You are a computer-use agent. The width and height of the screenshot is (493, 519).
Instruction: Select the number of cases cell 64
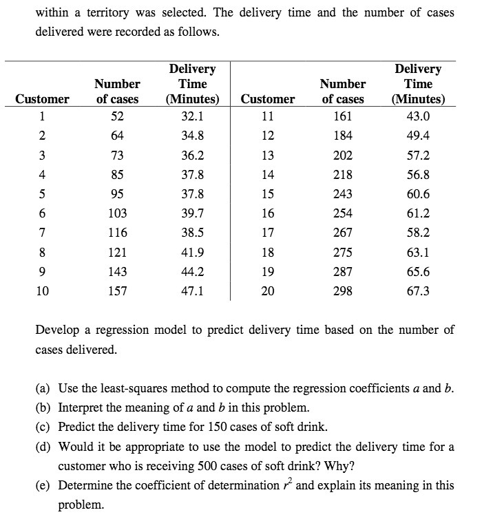(117, 136)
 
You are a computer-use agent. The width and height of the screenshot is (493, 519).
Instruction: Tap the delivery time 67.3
(417, 291)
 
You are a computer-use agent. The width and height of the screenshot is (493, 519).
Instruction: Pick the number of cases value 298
(342, 291)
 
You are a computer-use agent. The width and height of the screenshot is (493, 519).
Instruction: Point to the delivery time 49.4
(417, 136)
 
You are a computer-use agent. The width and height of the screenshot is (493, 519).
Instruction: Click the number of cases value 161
(342, 116)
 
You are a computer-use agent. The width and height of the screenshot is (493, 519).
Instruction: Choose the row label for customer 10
(42, 291)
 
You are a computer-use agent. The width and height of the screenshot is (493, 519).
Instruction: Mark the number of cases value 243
(342, 194)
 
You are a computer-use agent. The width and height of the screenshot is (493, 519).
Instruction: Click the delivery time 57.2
(417, 155)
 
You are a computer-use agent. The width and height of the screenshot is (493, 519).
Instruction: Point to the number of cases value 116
(117, 233)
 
